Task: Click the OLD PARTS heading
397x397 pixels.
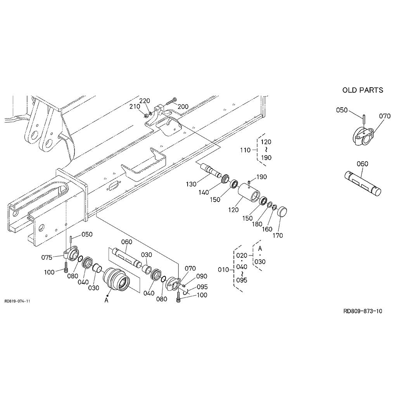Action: click(x=362, y=90)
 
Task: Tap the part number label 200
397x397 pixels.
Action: click(x=183, y=107)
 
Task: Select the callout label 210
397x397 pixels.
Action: click(x=135, y=106)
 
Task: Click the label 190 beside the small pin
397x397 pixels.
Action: click(x=262, y=177)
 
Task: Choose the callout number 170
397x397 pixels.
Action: click(x=278, y=235)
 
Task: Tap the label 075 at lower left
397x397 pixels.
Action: click(x=47, y=257)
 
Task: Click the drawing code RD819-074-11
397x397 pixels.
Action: click(x=17, y=301)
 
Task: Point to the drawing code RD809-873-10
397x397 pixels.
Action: click(x=362, y=311)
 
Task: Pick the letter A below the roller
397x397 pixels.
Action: click(x=107, y=300)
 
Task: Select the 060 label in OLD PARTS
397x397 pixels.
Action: click(x=362, y=164)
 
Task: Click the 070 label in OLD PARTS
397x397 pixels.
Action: click(x=385, y=116)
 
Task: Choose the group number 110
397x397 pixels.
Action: click(x=245, y=150)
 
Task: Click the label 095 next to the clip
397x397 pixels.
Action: click(x=202, y=287)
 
